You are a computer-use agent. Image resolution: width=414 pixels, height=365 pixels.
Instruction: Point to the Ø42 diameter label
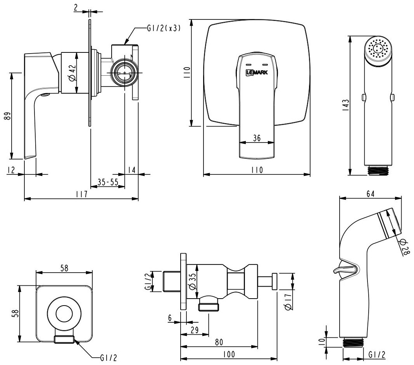click(x=72, y=73)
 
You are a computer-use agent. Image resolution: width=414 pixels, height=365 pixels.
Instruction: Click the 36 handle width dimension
click(x=256, y=138)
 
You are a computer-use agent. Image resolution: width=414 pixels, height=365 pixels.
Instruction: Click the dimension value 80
click(x=219, y=342)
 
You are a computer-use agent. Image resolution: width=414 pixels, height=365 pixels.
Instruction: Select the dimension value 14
click(x=131, y=170)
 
